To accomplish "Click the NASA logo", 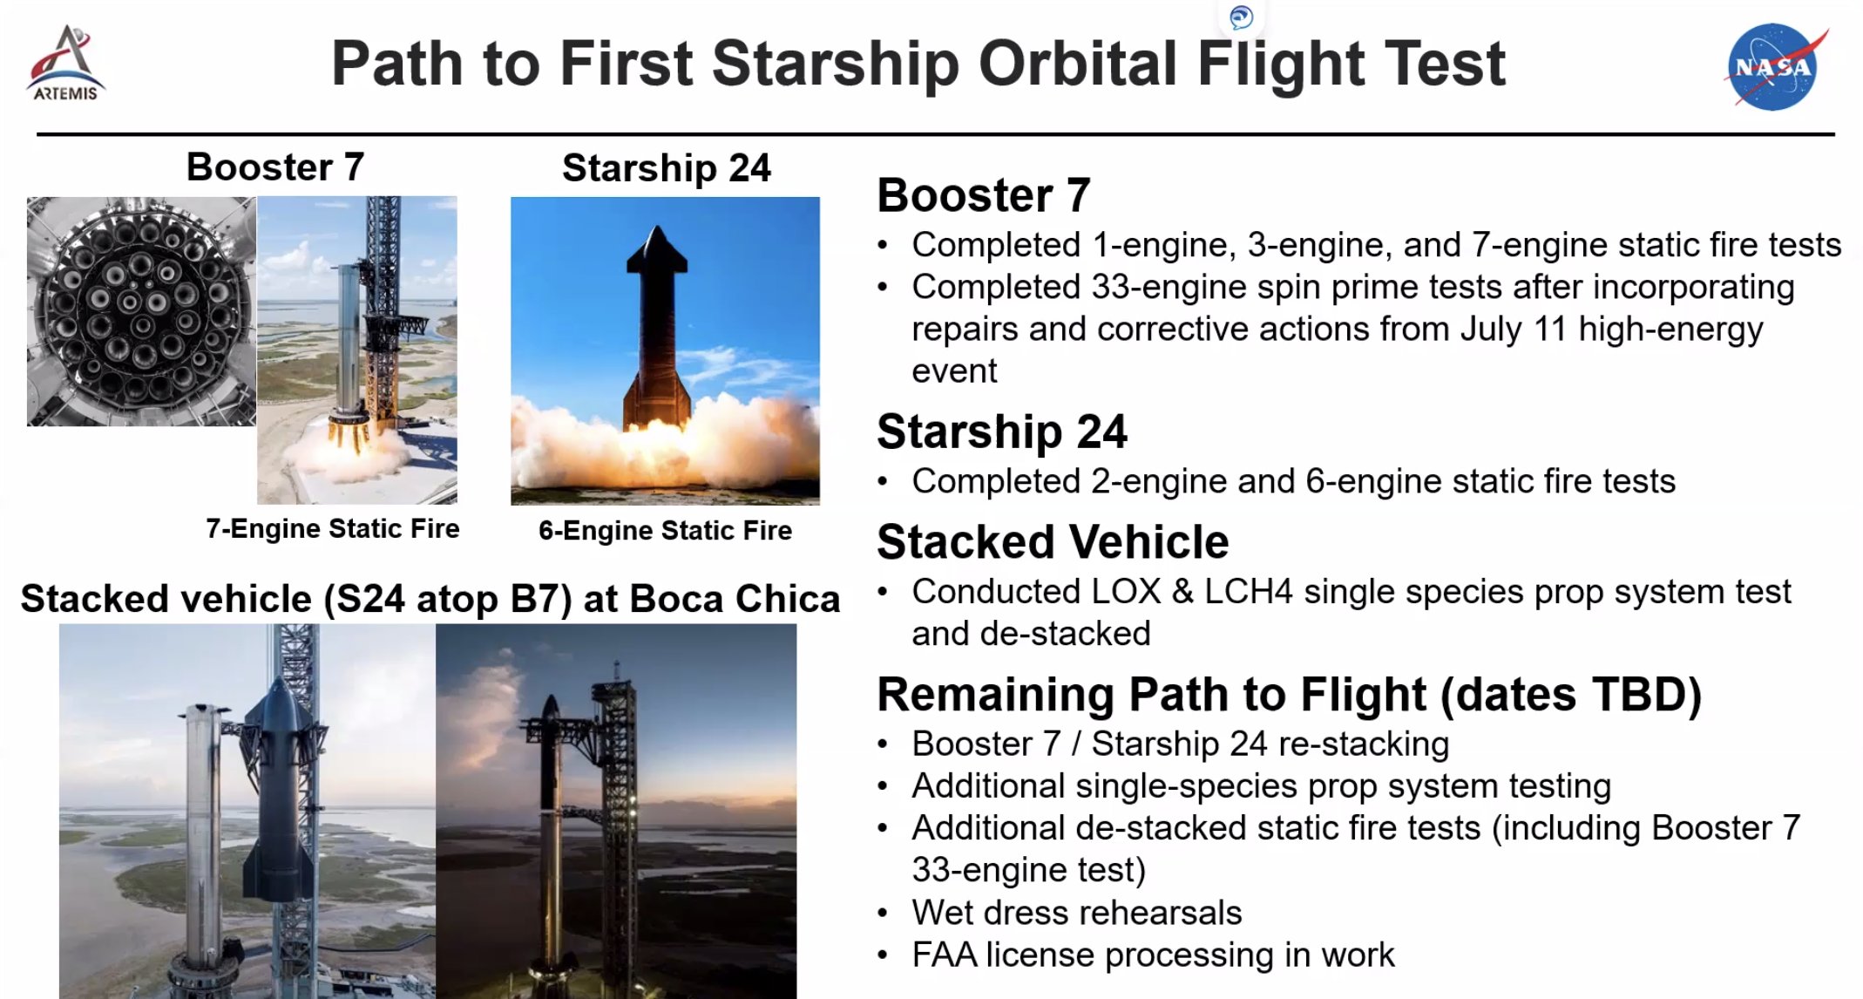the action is click(x=1775, y=67).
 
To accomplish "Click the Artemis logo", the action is click(x=66, y=64).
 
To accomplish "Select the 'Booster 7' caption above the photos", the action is click(x=275, y=166).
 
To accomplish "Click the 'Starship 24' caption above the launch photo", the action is click(x=667, y=168).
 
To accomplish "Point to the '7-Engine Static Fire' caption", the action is click(x=333, y=528).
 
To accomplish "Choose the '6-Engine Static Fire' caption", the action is click(x=666, y=530).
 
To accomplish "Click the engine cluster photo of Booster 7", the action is click(x=142, y=311).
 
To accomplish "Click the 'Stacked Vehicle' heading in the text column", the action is click(x=1053, y=541).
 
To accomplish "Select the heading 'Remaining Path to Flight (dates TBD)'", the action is click(x=1290, y=695).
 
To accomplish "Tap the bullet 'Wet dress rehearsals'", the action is click(x=1077, y=913).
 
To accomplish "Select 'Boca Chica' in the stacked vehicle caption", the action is click(x=735, y=599).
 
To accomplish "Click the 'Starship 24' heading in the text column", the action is click(x=1002, y=432).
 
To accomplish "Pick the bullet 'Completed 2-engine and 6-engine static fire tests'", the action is click(x=1294, y=481).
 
